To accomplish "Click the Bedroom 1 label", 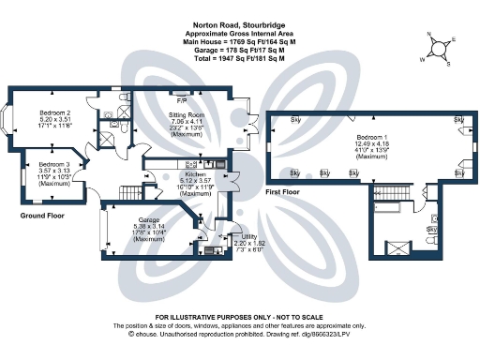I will coord(372,138).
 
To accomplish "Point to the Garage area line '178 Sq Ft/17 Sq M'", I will coord(239,52).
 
